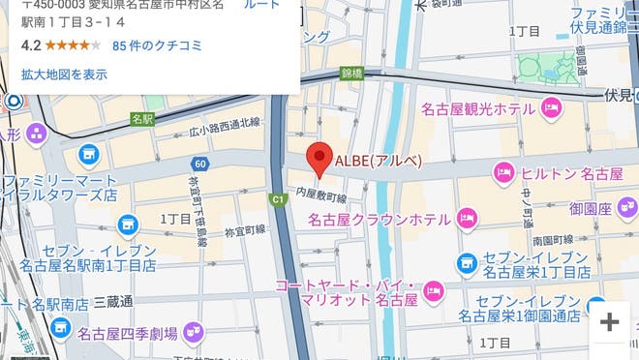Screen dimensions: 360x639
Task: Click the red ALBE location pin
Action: [x=319, y=159]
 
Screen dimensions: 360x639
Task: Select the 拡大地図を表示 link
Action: [x=64, y=75]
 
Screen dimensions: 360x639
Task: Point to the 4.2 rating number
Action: [x=31, y=45]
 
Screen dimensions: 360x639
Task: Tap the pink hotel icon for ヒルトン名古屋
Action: [x=503, y=174]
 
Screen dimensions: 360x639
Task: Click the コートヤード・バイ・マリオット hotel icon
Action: [x=436, y=288]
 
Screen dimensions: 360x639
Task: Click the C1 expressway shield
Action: [x=278, y=199]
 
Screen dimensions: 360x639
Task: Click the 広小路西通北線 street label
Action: [x=225, y=123]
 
